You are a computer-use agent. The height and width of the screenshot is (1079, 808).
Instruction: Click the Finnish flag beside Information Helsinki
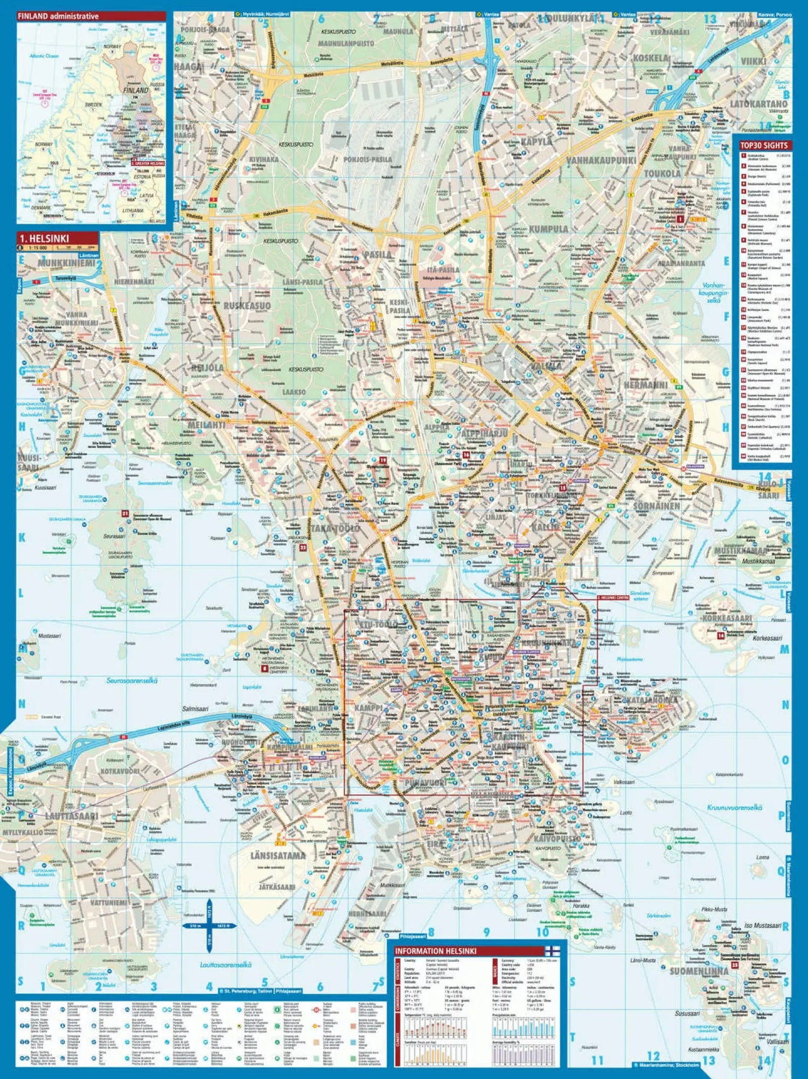pos(553,950)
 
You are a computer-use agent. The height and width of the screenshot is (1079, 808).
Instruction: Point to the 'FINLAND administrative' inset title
pos(58,16)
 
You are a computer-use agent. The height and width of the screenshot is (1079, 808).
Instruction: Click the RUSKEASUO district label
pos(247,306)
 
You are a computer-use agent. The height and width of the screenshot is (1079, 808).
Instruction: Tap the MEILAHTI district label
pos(206,425)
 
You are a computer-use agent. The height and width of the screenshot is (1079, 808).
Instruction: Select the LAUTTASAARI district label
pos(72,815)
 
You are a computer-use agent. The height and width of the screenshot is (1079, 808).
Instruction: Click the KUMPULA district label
pos(548,229)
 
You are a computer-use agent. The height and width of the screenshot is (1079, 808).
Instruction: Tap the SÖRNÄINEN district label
pos(656,506)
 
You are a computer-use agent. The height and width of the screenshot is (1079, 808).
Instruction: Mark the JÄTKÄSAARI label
pos(276,887)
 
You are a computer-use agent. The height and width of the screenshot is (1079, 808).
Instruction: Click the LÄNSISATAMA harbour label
pos(278,855)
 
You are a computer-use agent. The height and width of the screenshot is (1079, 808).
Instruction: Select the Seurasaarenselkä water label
pos(132,681)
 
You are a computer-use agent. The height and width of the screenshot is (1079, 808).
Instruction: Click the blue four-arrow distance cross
pos(210,926)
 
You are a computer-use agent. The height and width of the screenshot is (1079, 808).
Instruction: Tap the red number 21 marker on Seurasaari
pos(125,513)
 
